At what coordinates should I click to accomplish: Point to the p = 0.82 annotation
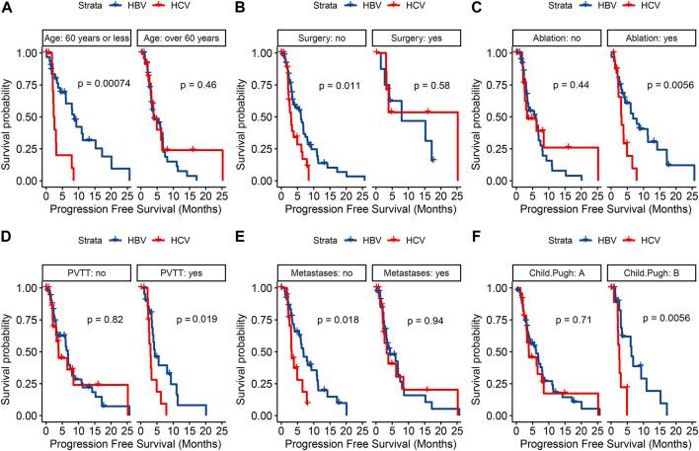[x=99, y=321]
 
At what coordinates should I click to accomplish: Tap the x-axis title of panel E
[x=369, y=441]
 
